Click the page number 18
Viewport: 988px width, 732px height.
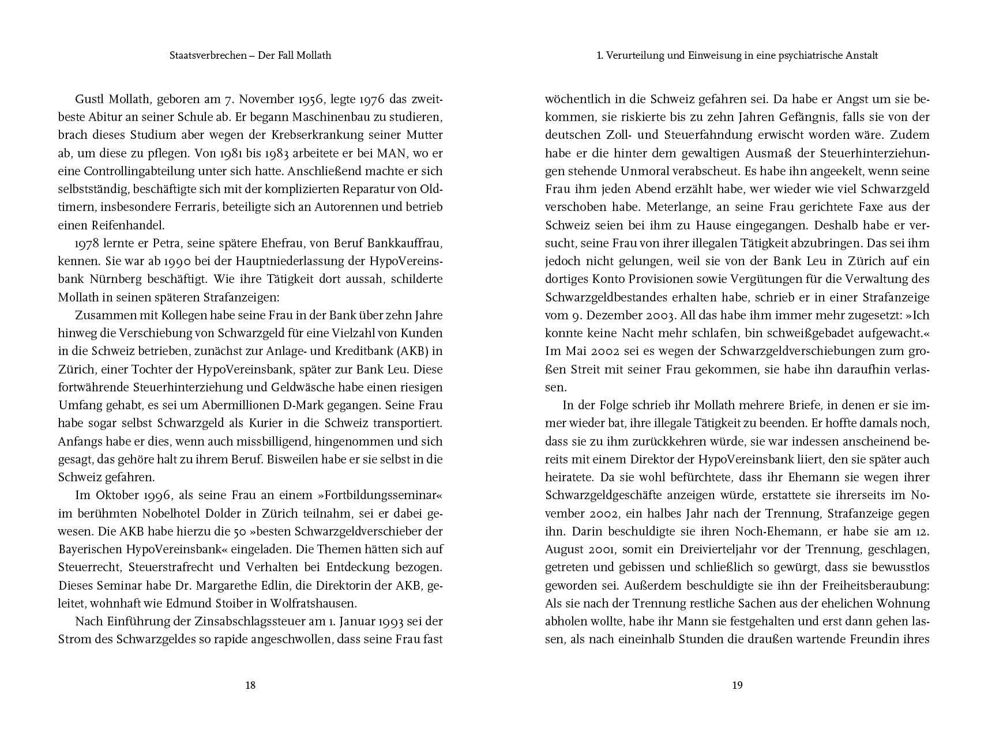[x=250, y=685]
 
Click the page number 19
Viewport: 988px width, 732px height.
[x=737, y=685]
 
